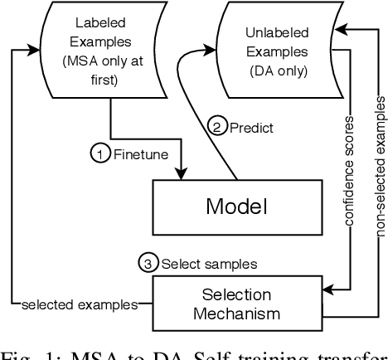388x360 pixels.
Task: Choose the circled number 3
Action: pos(147,264)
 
